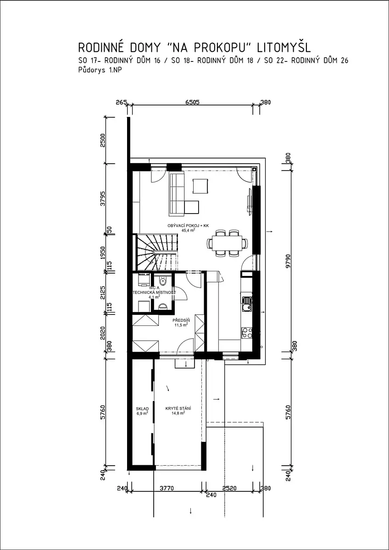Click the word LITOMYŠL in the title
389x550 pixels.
tap(284, 47)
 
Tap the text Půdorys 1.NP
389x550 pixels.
tap(100, 70)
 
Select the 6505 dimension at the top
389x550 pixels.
tap(192, 102)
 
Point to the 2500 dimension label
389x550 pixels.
tap(103, 140)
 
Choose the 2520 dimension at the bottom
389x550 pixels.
tap(229, 488)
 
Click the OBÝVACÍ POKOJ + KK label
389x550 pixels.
tap(188, 225)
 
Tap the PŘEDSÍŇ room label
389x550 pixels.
tap(181, 320)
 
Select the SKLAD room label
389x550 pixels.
tap(142, 408)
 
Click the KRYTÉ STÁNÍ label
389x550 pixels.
tap(178, 408)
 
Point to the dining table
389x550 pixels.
tap(227, 243)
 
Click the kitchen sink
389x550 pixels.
tap(247, 304)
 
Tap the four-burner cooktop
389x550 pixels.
tap(247, 334)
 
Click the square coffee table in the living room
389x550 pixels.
tap(200, 187)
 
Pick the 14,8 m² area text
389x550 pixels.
tap(178, 413)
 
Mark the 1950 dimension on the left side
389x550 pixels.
tap(103, 253)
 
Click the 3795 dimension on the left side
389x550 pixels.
tap(103, 198)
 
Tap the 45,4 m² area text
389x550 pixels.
tap(188, 230)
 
